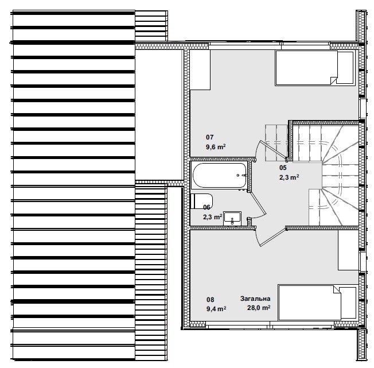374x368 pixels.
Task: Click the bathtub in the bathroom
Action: click(220, 176)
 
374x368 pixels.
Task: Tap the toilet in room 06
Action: click(201, 201)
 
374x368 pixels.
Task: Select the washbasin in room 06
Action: click(232, 218)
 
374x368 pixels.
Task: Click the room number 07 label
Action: click(210, 137)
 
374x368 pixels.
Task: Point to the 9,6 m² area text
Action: click(216, 147)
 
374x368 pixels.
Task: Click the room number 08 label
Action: click(210, 300)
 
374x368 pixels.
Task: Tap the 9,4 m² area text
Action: click(216, 309)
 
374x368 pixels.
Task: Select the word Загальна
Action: click(255, 299)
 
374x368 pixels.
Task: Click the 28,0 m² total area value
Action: click(259, 308)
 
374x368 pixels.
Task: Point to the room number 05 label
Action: click(283, 168)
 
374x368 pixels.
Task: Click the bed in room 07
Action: click(314, 68)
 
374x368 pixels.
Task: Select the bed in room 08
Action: click(317, 303)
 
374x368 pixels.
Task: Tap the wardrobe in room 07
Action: click(200, 69)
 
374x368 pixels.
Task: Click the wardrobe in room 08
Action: click(349, 250)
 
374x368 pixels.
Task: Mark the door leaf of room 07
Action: click(274, 150)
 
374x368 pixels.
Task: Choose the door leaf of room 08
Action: click(274, 237)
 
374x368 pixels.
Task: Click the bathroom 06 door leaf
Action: click(258, 203)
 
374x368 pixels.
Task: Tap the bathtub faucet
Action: click(244, 176)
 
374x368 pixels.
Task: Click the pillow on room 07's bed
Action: click(345, 68)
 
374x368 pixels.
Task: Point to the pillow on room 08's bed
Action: click(348, 303)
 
